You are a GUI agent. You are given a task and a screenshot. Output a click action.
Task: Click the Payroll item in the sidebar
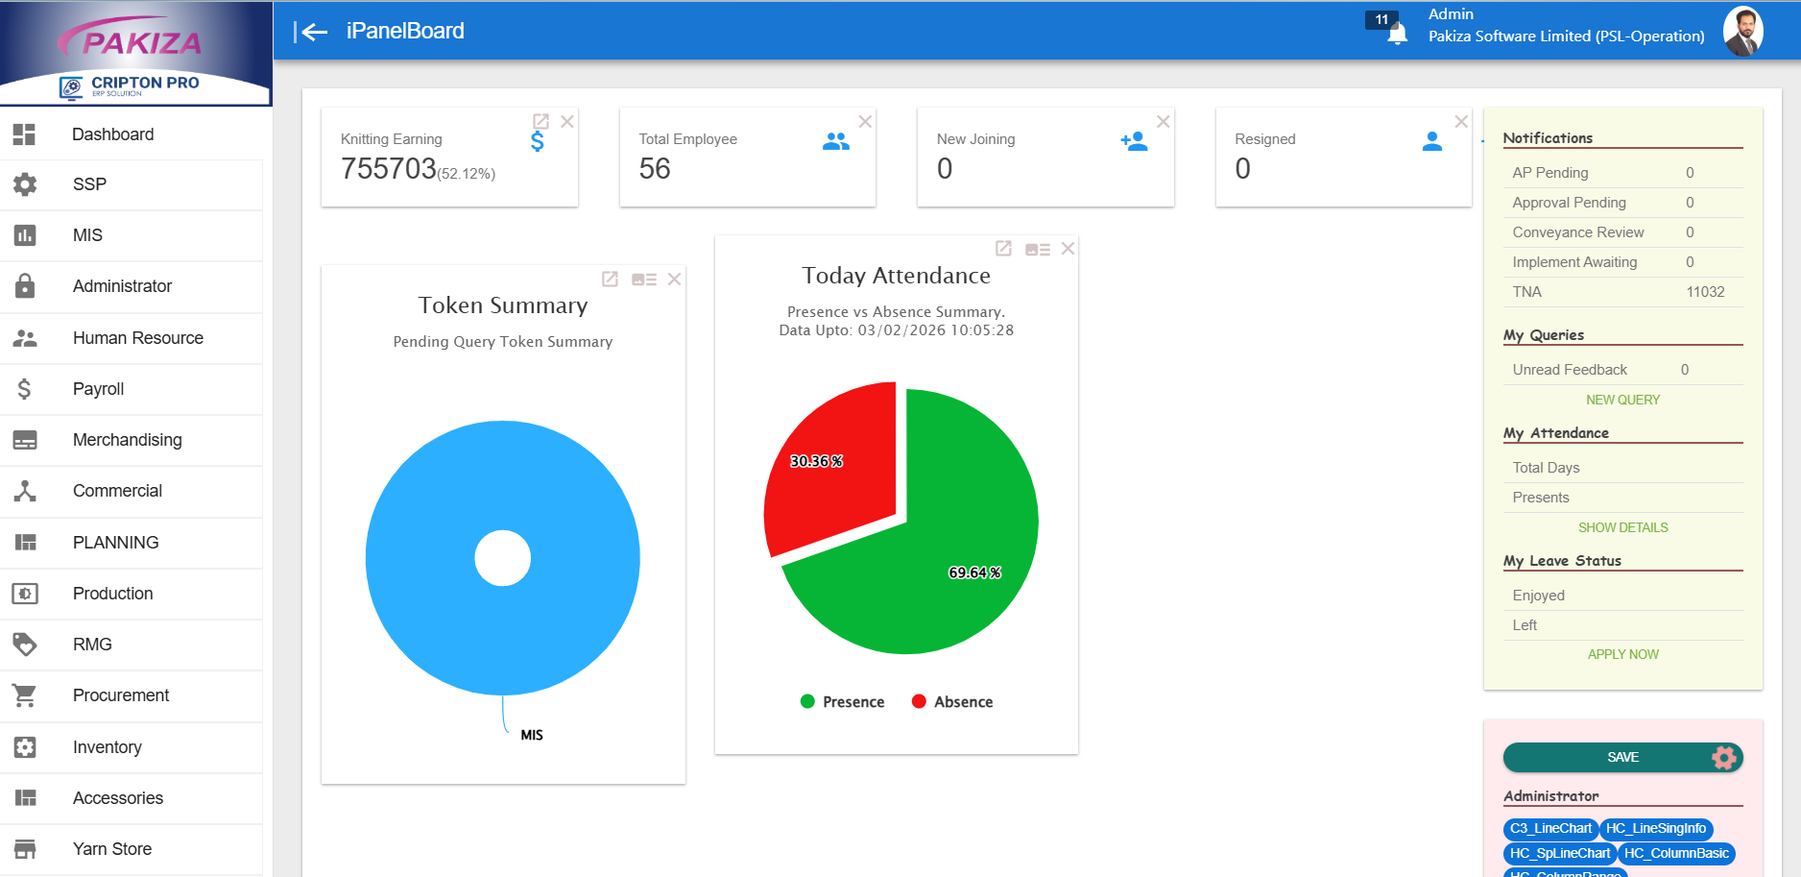[98, 389]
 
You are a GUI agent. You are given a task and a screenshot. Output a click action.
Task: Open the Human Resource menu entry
[137, 338]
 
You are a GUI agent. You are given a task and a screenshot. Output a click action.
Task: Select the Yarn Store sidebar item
[111, 849]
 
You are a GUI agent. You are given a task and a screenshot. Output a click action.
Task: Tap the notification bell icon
[1398, 35]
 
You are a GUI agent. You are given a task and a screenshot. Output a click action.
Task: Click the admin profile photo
[1742, 32]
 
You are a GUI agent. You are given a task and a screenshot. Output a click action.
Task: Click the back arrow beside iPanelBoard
[311, 32]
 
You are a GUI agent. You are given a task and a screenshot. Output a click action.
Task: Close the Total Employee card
[865, 122]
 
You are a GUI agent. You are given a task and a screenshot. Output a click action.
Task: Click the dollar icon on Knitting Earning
[538, 142]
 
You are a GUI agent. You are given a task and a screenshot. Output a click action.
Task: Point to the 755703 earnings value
[389, 169]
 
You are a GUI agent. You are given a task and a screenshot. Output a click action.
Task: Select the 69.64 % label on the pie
[974, 572]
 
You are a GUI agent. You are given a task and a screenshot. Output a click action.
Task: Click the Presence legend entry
[842, 702]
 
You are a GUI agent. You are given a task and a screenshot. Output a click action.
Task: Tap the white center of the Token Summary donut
[503, 558]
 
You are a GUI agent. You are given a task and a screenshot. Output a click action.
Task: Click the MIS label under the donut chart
[532, 735]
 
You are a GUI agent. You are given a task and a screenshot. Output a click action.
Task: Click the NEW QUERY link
[1622, 400]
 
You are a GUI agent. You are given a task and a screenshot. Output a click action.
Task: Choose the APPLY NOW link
[1622, 654]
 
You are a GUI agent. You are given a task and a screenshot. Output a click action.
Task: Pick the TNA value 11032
[1705, 292]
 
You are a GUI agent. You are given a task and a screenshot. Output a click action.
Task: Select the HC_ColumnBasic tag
[1676, 853]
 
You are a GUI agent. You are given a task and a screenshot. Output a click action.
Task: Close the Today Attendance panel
[1068, 249]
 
